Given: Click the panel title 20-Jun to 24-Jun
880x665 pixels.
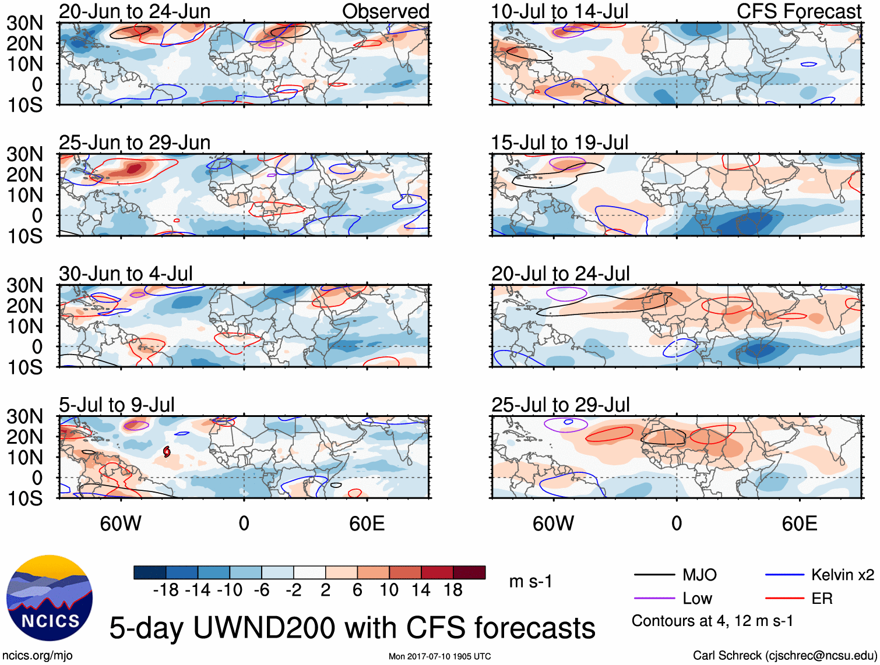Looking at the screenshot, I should coord(135,12).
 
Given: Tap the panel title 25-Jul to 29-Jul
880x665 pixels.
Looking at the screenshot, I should coord(561,405).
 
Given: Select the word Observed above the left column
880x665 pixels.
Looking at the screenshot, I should coord(385,12).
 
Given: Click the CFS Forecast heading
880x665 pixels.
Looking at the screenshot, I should coord(799,12).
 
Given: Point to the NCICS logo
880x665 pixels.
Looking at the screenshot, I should coord(50,598).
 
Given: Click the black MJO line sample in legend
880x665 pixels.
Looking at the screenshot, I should coord(654,575).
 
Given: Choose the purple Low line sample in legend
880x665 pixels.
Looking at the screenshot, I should coord(654,598).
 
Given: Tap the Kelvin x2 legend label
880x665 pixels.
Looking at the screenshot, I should coord(842,575).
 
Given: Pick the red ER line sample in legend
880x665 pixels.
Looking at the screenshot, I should coord(784,598).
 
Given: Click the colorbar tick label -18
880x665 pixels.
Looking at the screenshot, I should coord(166,590).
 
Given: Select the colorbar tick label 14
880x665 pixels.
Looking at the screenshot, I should coord(421,590).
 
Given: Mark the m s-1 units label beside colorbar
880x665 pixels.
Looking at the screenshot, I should coord(530,582).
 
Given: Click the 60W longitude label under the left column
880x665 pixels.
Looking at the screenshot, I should coord(121,523).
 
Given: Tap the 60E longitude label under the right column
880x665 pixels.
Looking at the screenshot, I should coord(800,523).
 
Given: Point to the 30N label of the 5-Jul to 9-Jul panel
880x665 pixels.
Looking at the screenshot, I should coord(25,416).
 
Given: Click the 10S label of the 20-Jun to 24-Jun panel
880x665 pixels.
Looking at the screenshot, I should coord(25,105).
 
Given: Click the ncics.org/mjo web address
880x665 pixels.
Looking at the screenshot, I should coord(37,656).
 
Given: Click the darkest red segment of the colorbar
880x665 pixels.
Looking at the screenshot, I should coord(469,572).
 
